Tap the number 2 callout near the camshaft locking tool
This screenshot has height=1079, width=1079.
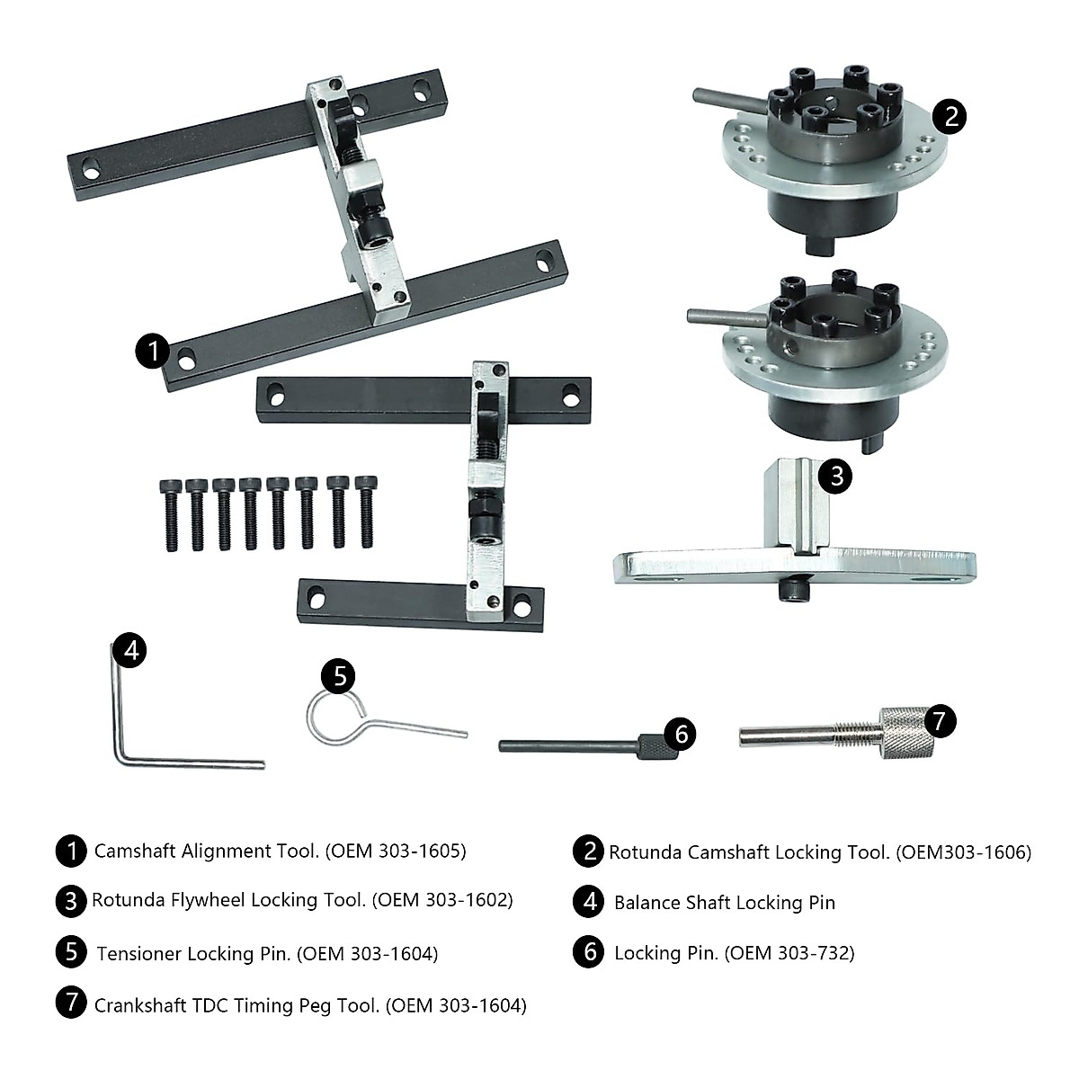coord(950,116)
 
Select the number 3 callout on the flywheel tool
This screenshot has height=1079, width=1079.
coord(836,474)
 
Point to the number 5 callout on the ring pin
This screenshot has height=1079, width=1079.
coord(339,675)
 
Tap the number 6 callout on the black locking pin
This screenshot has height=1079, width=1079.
coord(680,735)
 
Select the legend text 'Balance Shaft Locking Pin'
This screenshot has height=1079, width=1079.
coord(724,903)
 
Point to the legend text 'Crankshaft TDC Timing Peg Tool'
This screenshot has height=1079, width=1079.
coord(236,1004)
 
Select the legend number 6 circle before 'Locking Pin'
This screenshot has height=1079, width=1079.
coord(588,952)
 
